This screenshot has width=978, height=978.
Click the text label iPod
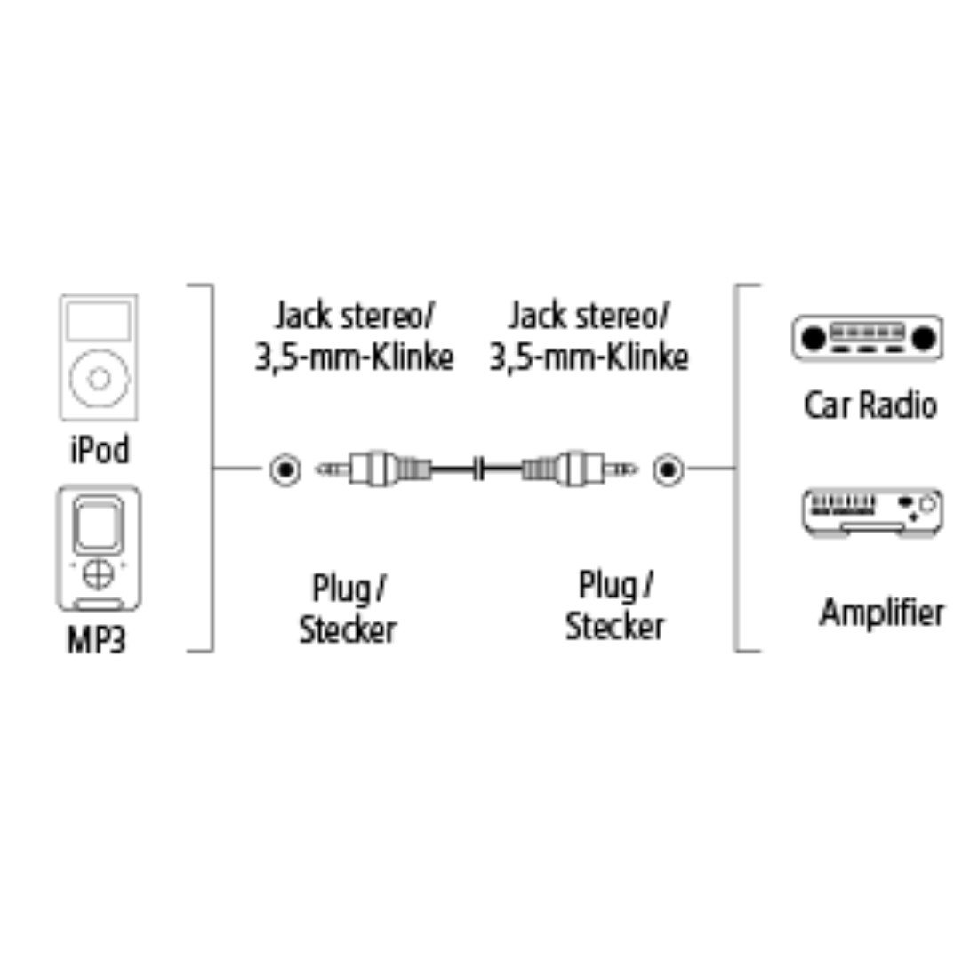pyautogui.click(x=99, y=450)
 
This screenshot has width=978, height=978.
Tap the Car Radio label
pyautogui.click(x=870, y=405)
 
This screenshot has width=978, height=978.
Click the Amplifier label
pyautogui.click(x=881, y=613)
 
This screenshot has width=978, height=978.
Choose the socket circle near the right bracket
pyautogui.click(x=667, y=468)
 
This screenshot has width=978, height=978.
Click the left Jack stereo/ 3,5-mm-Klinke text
pyautogui.click(x=354, y=336)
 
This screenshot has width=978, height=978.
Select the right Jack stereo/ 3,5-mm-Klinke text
pyautogui.click(x=589, y=336)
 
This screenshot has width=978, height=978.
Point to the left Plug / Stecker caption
pyautogui.click(x=348, y=609)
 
